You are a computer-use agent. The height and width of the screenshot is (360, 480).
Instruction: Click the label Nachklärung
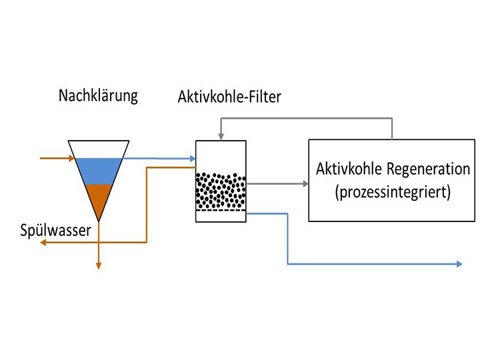[98, 95]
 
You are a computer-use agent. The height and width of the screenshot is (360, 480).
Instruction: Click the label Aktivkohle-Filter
[229, 97]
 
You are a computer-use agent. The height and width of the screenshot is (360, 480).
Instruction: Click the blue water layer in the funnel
[99, 170]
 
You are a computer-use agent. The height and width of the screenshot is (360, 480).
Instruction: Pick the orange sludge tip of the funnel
[99, 200]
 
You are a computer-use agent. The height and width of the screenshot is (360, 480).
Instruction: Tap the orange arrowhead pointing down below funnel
[99, 265]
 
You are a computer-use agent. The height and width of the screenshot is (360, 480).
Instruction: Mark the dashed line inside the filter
[221, 211]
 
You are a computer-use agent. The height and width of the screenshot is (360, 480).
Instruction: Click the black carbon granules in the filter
[221, 191]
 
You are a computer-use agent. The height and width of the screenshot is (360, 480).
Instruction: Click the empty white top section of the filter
[221, 155]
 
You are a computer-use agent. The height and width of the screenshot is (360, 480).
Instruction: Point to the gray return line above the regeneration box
[307, 118]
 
